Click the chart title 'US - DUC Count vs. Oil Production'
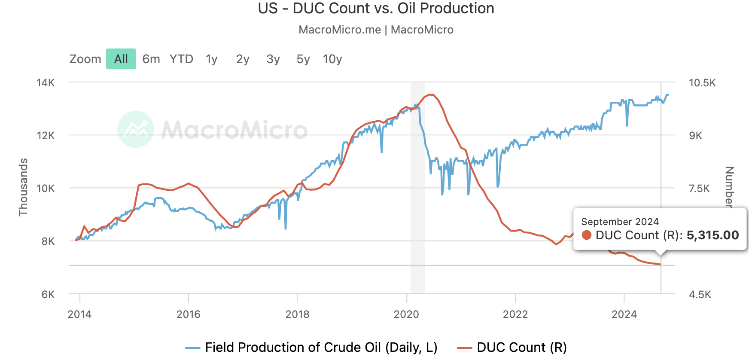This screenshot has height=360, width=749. pos(376,9)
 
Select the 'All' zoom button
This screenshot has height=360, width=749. pos(121,59)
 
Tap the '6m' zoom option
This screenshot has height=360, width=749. pos(151,59)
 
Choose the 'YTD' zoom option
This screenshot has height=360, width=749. pos(181,59)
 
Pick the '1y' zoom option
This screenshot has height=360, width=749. pos(212,59)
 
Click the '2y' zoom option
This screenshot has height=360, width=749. pos(243,59)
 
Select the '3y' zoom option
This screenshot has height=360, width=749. pos(273,59)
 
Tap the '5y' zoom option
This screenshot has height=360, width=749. pos(303,59)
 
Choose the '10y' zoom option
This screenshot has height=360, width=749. pos(332,59)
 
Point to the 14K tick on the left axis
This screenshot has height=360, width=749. pos(46,82)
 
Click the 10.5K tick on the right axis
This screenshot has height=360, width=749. pos(702,82)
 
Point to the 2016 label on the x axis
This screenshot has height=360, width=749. pos(189,314)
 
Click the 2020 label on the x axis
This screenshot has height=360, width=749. pos(406,314)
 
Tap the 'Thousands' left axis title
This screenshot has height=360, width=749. pos(23,187)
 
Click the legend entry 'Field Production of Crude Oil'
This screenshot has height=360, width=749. pos(321,347)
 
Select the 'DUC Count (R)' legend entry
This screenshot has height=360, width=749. pos(521,347)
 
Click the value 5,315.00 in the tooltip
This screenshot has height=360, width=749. pos(712,235)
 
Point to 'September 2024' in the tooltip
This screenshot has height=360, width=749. pos(620,222)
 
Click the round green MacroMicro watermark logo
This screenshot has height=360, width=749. pos(136,129)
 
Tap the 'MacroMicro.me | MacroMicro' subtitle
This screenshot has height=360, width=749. pos(376,30)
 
